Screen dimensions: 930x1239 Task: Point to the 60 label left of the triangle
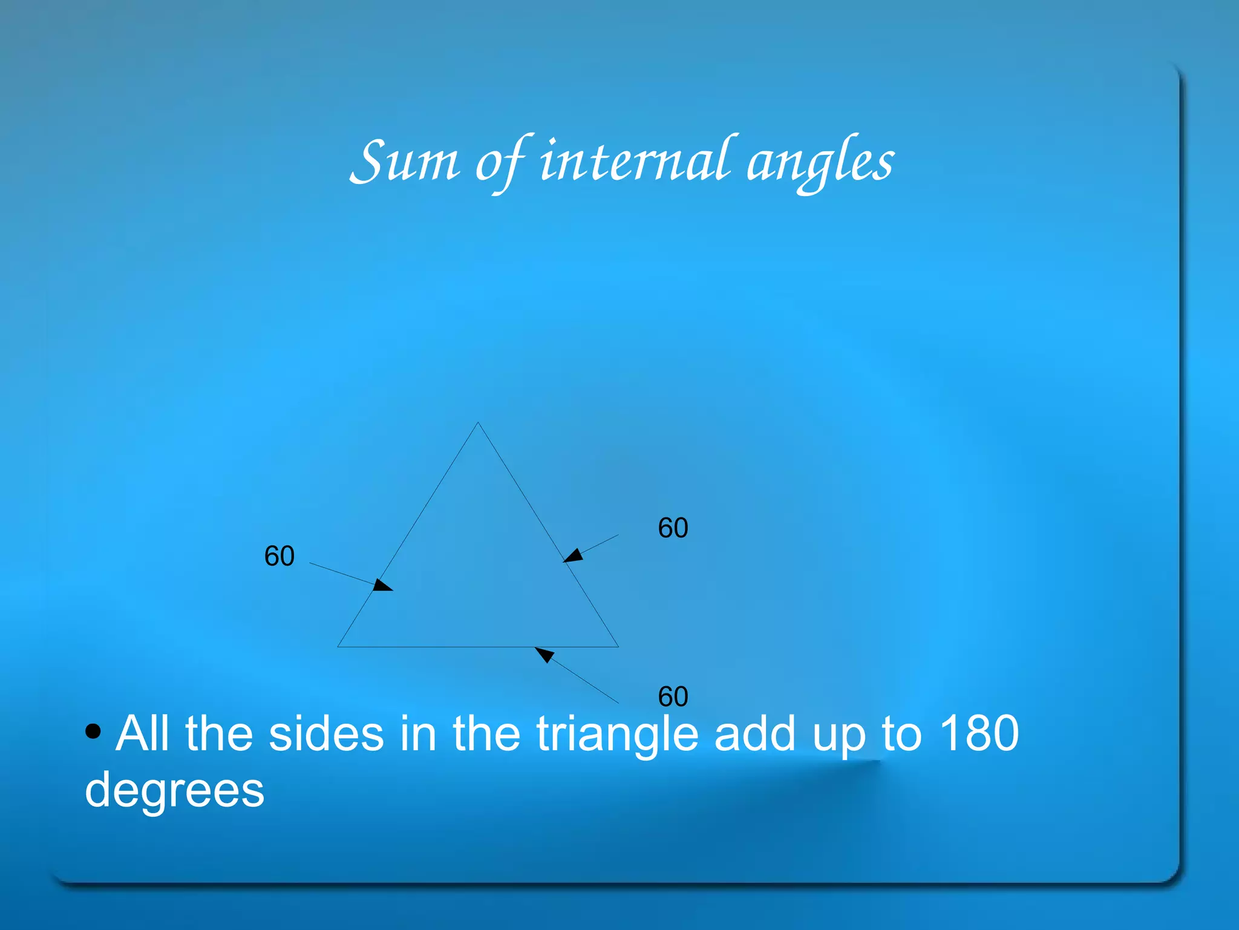click(x=280, y=556)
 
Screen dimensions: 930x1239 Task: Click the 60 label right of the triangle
click(x=673, y=528)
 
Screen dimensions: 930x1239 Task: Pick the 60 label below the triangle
click(x=673, y=696)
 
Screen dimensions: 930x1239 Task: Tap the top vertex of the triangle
click(x=478, y=423)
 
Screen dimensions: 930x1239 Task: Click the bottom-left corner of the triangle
click(x=338, y=646)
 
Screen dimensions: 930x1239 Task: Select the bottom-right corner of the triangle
click(x=618, y=646)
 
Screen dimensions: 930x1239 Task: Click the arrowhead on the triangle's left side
click(x=382, y=585)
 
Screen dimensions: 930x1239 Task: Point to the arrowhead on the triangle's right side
click(x=573, y=555)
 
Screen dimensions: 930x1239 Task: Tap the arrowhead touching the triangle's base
click(x=544, y=654)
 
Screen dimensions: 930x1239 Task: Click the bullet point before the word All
click(x=93, y=732)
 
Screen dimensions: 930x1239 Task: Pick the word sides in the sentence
click(x=326, y=733)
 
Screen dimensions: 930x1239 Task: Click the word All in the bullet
click(x=143, y=733)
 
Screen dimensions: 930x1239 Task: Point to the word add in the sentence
click(x=754, y=733)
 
